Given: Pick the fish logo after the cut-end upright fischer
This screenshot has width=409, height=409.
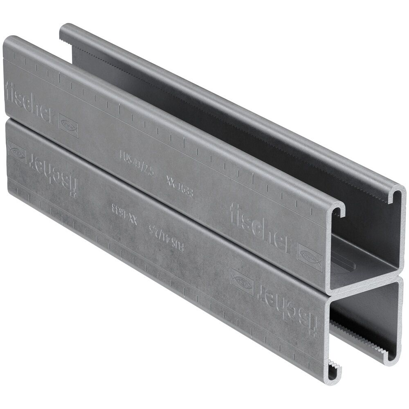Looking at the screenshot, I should point(310,256).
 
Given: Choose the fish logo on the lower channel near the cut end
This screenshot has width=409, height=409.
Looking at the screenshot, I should point(241,281).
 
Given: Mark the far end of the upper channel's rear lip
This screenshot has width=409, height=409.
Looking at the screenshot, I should point(63,33).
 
